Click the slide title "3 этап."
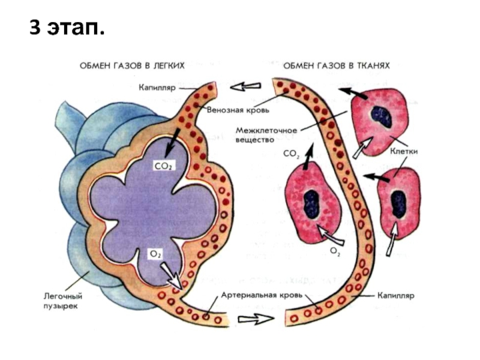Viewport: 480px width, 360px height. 66,27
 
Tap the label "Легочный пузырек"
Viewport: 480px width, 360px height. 62,301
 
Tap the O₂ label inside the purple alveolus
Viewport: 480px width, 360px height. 155,254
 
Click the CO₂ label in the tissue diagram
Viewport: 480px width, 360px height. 291,154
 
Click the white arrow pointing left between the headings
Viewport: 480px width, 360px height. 247,87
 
